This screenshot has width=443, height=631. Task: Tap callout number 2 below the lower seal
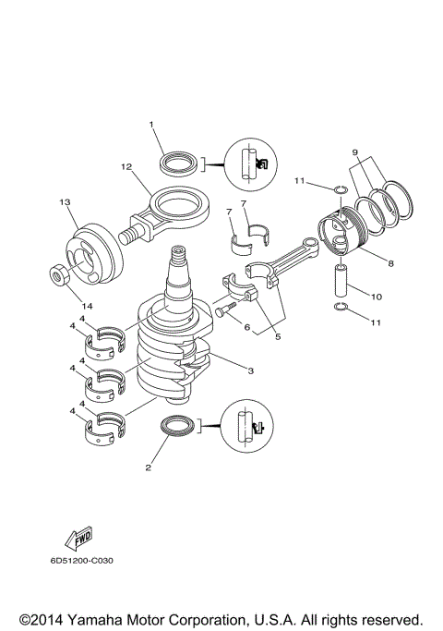click(147, 468)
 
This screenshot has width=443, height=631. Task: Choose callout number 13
click(65, 201)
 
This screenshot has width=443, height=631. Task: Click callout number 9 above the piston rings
click(353, 152)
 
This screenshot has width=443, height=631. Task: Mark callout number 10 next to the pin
click(376, 297)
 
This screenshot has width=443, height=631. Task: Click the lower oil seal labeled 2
click(179, 426)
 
